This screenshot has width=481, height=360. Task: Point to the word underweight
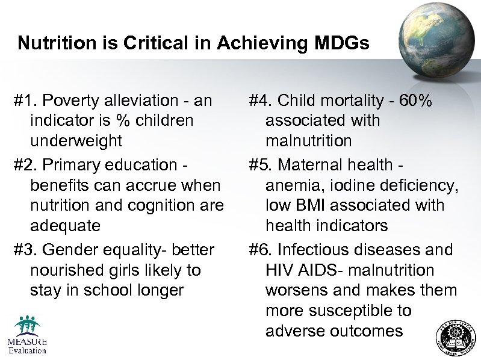[76, 141]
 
